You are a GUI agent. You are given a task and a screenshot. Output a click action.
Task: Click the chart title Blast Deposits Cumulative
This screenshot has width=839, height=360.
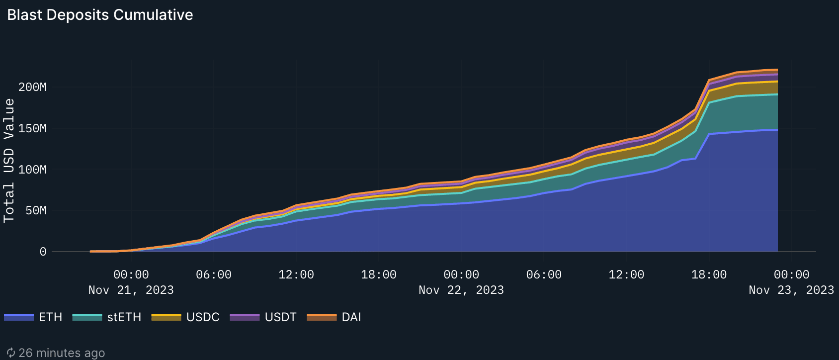[100, 15]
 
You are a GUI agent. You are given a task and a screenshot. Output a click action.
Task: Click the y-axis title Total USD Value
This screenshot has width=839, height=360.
[9, 160]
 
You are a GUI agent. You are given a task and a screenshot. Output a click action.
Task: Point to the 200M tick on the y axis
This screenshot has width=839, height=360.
[32, 88]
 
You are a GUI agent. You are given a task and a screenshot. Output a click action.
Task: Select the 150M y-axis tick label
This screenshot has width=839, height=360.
[32, 129]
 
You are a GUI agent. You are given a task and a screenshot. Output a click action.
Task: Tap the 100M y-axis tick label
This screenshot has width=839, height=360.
[32, 170]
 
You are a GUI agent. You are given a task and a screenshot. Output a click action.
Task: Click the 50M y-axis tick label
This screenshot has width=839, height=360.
[36, 211]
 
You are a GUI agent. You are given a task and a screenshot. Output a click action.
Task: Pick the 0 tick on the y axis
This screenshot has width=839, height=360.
[43, 252]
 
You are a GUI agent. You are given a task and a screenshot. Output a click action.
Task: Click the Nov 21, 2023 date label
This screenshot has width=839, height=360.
[131, 290]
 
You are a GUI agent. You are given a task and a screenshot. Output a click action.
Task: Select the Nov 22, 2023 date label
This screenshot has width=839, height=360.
[461, 290]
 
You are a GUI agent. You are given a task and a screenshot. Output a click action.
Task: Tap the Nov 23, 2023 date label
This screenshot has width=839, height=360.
[791, 290]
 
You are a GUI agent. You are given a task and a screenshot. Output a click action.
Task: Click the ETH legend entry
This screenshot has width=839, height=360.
[50, 317]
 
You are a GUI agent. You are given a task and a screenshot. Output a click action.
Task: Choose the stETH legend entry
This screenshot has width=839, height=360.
[124, 317]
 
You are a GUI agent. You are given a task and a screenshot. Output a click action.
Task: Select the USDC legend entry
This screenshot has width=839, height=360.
[203, 317]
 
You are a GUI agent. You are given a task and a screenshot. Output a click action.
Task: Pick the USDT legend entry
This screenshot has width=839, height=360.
[280, 317]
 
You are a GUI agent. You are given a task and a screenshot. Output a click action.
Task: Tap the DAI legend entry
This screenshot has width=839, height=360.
[351, 317]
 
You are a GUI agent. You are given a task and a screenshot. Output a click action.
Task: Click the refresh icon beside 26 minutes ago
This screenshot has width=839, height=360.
[11, 353]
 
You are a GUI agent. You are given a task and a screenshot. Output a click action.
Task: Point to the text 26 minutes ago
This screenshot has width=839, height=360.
[62, 353]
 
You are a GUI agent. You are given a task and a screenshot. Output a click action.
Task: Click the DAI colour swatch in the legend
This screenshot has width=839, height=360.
[322, 317]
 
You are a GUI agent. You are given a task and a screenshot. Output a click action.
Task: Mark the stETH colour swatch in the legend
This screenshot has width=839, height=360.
[87, 317]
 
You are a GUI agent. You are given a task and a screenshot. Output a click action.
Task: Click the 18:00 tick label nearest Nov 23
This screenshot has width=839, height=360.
[709, 275]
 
